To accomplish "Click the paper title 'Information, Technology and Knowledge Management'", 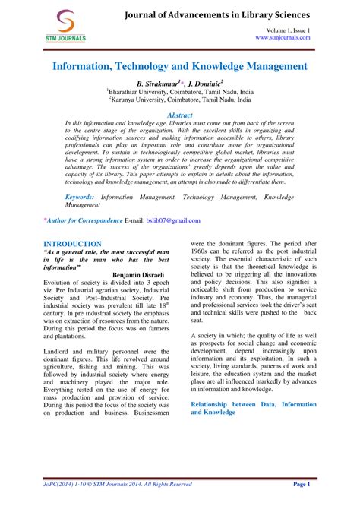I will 179,67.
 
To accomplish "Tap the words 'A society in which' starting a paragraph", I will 220,335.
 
